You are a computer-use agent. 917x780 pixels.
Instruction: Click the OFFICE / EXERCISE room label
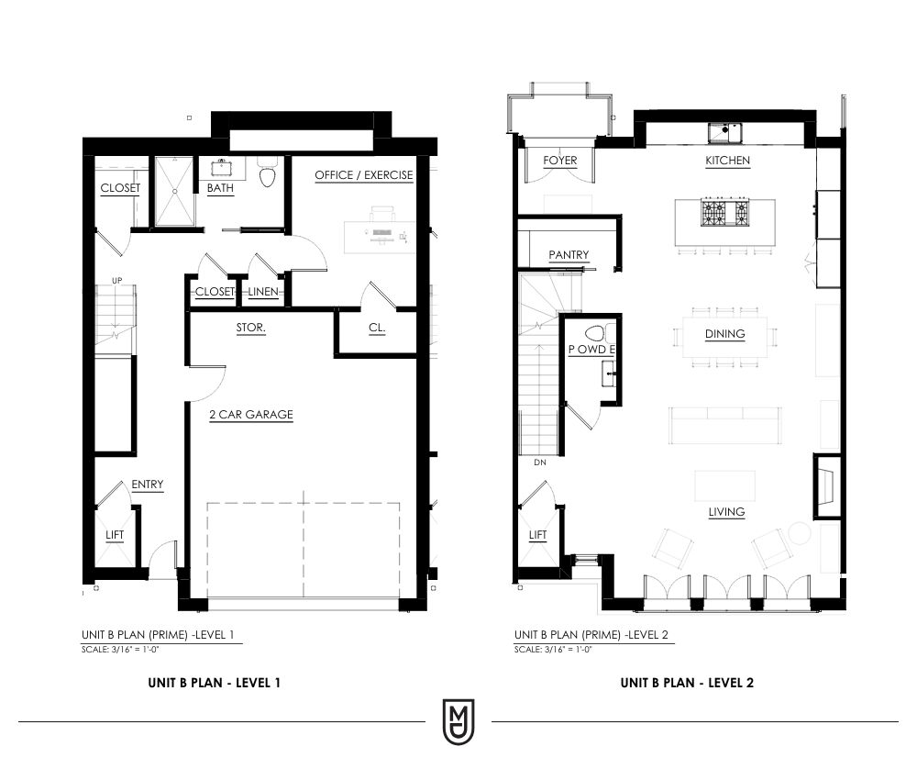[x=364, y=175]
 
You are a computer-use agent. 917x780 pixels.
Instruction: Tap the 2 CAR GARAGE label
[x=251, y=414]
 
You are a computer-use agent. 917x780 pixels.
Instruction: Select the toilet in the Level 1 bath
[x=267, y=172]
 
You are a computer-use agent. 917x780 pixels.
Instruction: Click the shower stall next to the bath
[x=173, y=191]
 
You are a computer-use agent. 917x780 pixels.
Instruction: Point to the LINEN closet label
[x=263, y=292]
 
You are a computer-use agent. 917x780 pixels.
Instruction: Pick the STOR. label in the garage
[x=251, y=328]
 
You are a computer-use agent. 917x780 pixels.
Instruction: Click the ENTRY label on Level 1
[x=148, y=485]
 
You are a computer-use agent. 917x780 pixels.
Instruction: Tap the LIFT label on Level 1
[x=115, y=535]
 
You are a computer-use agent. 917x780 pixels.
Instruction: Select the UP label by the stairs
[x=117, y=280]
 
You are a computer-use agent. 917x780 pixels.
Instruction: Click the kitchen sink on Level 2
[x=725, y=133]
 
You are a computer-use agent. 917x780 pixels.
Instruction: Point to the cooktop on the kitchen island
[x=725, y=212]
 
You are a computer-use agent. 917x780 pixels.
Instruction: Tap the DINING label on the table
[x=725, y=333]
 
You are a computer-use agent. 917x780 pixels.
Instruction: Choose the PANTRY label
[x=569, y=254]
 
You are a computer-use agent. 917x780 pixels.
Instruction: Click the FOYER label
[x=559, y=161]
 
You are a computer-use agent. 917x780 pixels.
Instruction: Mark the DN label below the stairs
[x=540, y=462]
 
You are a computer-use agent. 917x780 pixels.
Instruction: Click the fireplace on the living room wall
[x=827, y=485]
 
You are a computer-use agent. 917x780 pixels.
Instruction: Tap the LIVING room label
[x=726, y=512]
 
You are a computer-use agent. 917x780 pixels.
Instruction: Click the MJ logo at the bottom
[x=458, y=722]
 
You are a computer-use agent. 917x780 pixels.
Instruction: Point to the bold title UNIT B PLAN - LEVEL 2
[x=687, y=683]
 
